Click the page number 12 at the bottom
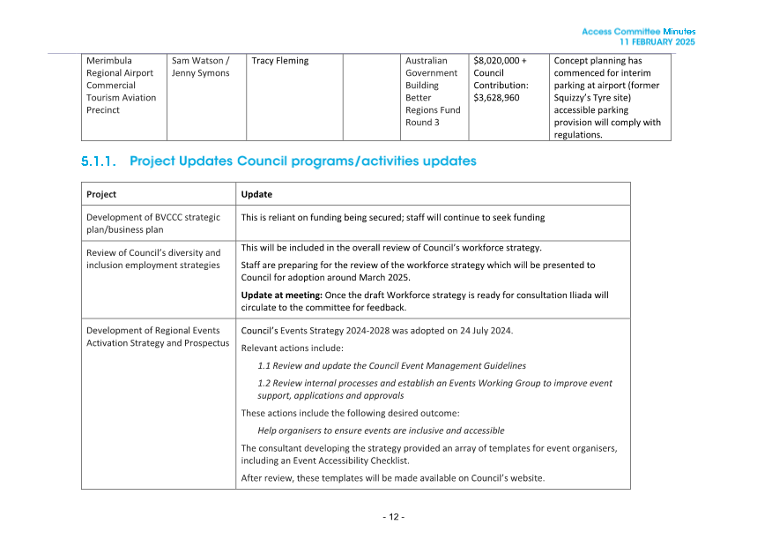pos(393,516)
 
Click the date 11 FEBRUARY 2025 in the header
pos(657,42)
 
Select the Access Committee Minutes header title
pos(638,32)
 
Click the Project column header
pos(101,194)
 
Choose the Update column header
pos(256,194)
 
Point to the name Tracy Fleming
pos(279,61)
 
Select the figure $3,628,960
pos(496,98)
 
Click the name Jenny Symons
pos(200,73)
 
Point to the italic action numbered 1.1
pos(391,365)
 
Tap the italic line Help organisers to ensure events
pos(381,431)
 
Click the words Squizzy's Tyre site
pos(599,98)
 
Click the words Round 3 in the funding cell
pos(422,123)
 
